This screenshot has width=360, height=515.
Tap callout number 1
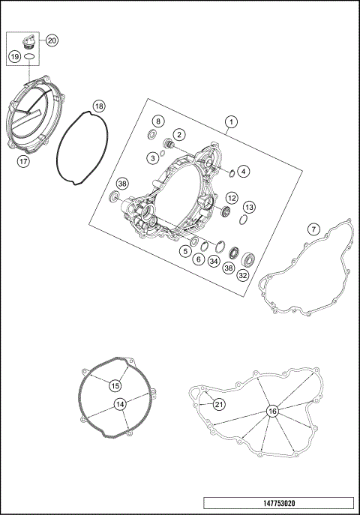click(x=232, y=121)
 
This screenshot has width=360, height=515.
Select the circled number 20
click(x=52, y=40)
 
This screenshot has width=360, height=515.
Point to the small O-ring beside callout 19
click(x=28, y=56)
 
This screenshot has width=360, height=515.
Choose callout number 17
click(x=23, y=160)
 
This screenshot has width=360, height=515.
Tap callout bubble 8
click(x=157, y=121)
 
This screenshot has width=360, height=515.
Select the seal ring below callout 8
click(x=153, y=135)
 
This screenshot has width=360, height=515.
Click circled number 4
click(x=244, y=171)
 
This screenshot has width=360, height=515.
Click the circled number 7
click(x=314, y=228)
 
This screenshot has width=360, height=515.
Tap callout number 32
click(x=243, y=275)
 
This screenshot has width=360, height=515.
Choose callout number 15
click(x=115, y=385)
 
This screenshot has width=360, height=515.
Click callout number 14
click(x=119, y=404)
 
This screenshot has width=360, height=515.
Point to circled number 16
click(x=271, y=411)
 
